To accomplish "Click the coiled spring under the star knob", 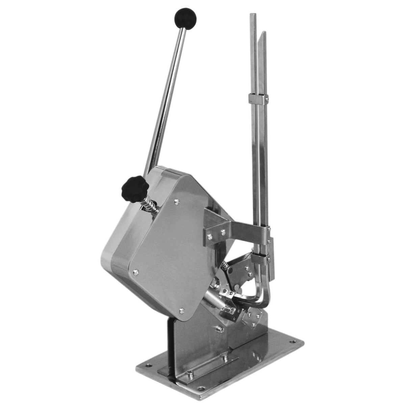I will pyautogui.click(x=151, y=204).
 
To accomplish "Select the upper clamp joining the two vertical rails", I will pyautogui.click(x=258, y=99).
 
